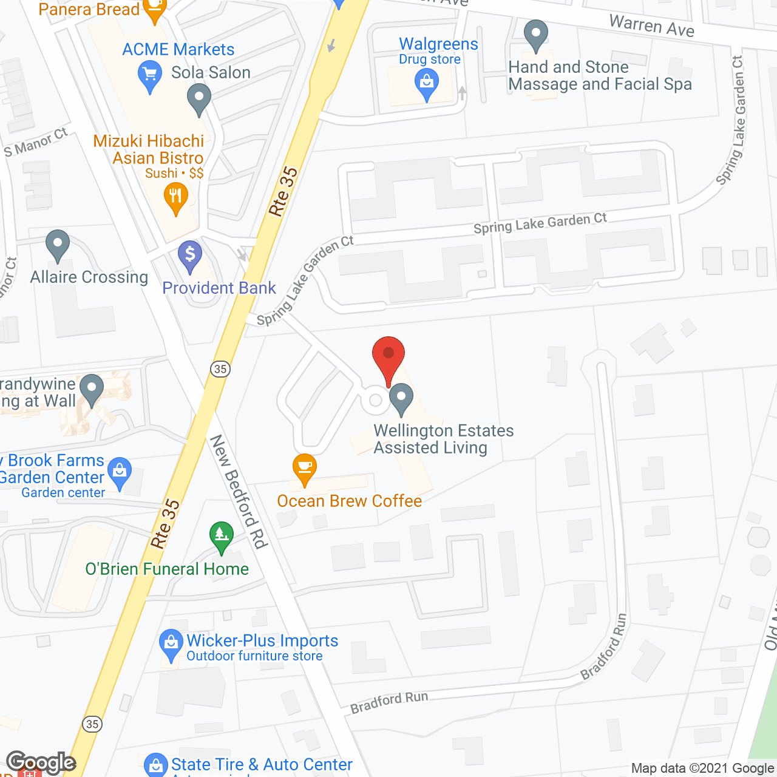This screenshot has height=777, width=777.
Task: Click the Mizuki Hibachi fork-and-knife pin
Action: click(x=176, y=198)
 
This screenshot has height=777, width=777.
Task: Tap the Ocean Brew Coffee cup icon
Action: click(x=305, y=468)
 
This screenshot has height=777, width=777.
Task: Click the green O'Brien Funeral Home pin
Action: click(x=222, y=536)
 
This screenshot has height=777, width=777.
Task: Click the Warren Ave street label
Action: click(x=651, y=25)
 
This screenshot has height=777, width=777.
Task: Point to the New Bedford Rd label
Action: click(x=239, y=492)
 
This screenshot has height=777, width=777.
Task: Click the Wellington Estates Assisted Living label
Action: click(x=443, y=439)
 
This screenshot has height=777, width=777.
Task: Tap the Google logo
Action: click(x=41, y=762)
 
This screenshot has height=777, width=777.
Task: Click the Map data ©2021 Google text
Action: click(x=702, y=769)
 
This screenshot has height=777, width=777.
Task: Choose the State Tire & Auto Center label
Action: click(x=262, y=764)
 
